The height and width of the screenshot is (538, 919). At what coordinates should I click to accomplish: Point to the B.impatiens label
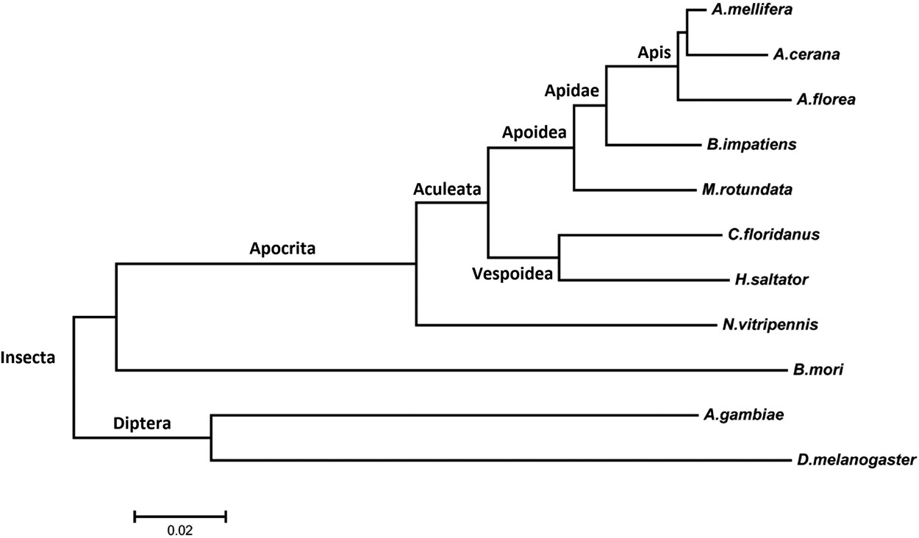[750, 145]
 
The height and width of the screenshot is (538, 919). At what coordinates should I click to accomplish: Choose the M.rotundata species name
[746, 190]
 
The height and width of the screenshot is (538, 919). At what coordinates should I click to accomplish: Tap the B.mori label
[818, 370]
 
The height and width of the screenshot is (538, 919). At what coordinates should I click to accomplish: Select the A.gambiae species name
[743, 415]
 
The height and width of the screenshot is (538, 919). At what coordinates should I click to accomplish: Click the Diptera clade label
[142, 423]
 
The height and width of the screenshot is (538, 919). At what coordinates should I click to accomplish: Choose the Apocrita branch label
[282, 248]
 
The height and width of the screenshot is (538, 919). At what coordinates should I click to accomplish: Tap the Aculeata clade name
[446, 189]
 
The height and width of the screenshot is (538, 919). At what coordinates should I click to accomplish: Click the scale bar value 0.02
[179, 529]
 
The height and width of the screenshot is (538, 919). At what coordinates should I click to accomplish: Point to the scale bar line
[179, 516]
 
